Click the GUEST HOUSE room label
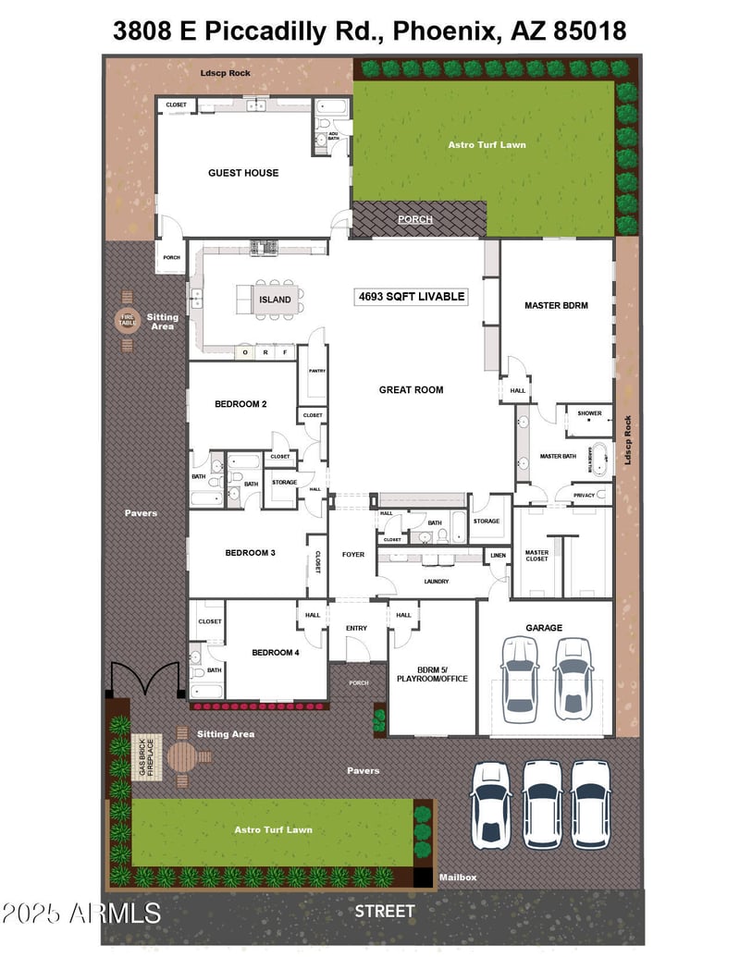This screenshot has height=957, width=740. coord(243,173)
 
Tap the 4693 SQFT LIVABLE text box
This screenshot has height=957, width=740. coord(412,297)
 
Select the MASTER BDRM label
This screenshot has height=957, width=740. coord(556,305)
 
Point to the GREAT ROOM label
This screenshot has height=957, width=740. coord(411,390)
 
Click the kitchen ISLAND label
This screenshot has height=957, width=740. coord(275,300)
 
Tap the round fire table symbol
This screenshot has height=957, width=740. coord(127,321)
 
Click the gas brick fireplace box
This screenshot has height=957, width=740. coord(145,755)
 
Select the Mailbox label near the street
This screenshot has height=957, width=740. coord(457,877)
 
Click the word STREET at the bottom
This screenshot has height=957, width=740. coord(385,912)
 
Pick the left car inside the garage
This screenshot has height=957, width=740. coord(519,679)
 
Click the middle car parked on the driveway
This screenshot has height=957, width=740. coord(542,804)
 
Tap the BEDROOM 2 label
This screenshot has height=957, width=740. coord(240,404)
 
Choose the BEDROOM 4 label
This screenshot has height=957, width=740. coord(276,653)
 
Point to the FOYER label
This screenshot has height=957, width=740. coord(352,555)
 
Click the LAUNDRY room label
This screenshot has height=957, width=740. coord(436,582)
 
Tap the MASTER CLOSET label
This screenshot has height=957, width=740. coord(536,557)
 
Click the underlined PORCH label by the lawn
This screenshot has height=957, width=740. coord(414,220)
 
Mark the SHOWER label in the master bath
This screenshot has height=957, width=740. coord(589,413)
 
